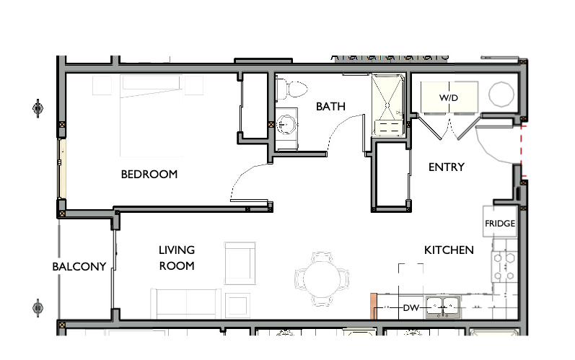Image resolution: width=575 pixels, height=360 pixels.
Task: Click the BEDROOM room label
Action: point(149,175)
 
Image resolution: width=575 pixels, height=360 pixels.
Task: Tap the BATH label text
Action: point(330,107)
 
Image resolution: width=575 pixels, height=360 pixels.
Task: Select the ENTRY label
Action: point(446,167)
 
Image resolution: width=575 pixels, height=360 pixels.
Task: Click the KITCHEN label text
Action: point(448,250)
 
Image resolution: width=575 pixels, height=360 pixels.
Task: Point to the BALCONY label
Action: point(79,266)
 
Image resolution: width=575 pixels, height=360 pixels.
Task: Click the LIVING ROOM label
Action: point(177,258)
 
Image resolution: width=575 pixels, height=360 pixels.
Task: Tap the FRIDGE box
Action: point(500,223)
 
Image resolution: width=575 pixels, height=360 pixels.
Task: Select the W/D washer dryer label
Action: point(449,97)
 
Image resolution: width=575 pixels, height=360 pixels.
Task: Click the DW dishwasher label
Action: point(411,308)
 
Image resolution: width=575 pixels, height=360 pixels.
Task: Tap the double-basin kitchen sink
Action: point(443,307)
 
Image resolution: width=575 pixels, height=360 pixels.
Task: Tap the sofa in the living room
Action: point(185,302)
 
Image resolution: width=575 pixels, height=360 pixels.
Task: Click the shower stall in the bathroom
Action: point(389,105)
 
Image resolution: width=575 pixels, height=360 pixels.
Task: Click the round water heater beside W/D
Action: point(501,94)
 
